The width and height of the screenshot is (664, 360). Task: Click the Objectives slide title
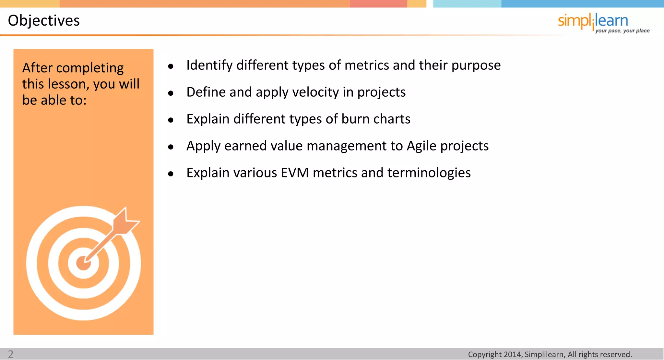[x=44, y=21]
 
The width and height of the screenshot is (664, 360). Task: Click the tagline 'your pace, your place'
[x=622, y=31]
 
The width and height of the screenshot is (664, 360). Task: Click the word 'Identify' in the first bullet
[x=209, y=66]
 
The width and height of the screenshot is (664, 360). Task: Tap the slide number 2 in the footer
[x=11, y=354]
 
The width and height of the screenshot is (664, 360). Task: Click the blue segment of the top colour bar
[x=582, y=4]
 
